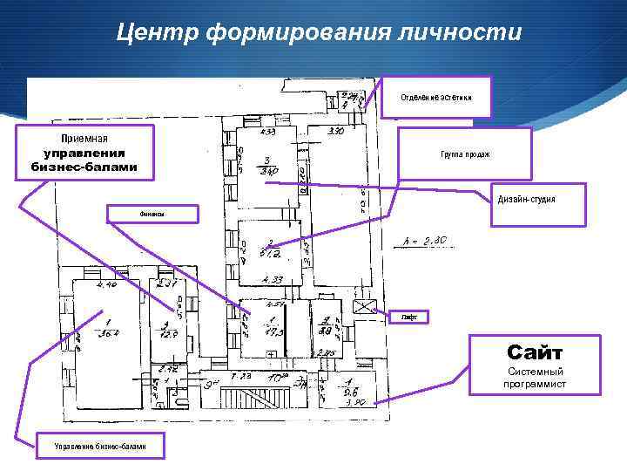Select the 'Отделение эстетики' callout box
[436, 97]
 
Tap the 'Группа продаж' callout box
[464, 154]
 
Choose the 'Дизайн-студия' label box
[526, 201]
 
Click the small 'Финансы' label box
[152, 214]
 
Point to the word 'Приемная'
[84, 138]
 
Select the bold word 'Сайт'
[535, 352]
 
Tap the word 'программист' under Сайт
[535, 384]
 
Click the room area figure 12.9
[168, 332]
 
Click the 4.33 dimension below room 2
[273, 280]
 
